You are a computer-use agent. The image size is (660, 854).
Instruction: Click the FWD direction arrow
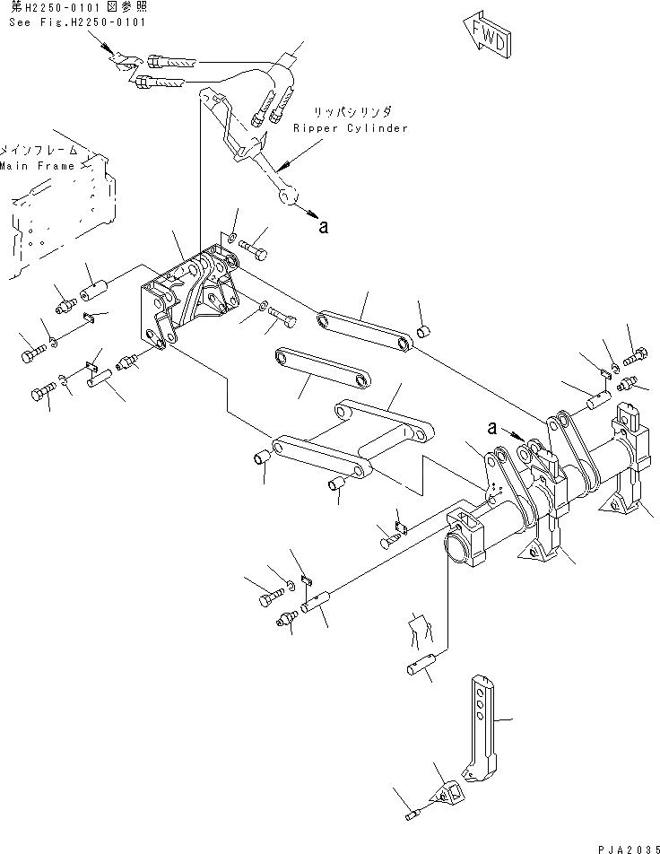pos(486,33)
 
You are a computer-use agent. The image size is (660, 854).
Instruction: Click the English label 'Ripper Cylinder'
pos(350,127)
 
